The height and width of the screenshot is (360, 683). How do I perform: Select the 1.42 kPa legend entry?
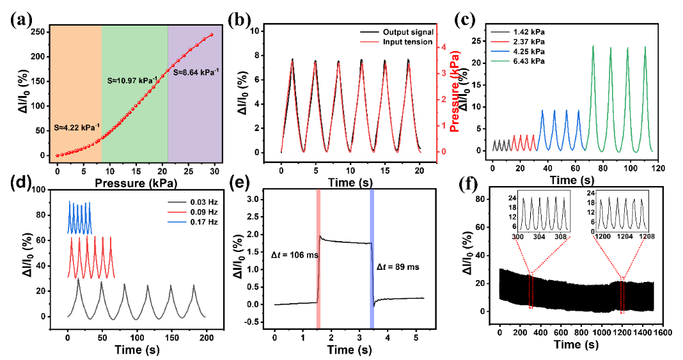click(x=520, y=31)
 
